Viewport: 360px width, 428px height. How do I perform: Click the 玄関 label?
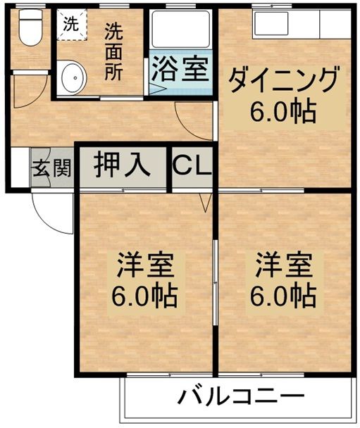tap(51, 168)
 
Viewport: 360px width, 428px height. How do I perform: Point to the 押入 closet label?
tap(123, 165)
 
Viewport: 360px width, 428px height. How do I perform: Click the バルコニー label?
tap(241, 398)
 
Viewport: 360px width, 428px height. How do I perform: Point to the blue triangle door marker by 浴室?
tap(154, 88)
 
